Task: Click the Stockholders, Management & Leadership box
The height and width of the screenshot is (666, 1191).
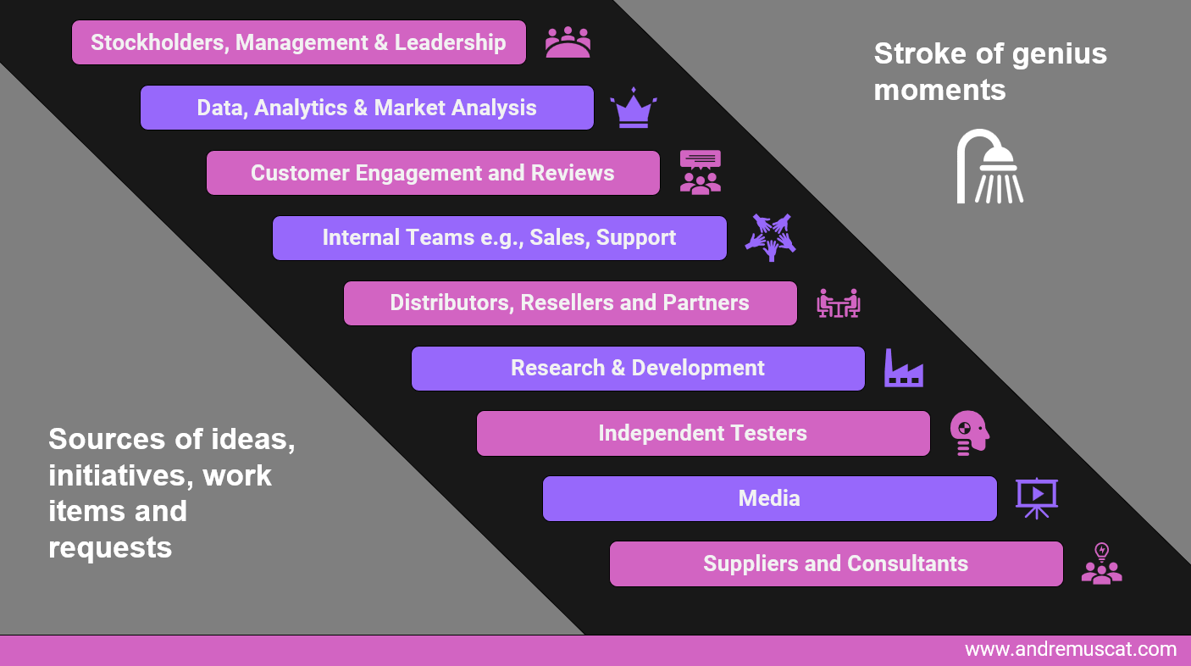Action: [x=299, y=42]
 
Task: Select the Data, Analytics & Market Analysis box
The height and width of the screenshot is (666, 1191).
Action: [x=367, y=108]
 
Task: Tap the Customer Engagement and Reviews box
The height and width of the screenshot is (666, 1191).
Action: [x=433, y=173]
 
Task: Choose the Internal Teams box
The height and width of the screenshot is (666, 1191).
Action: [x=499, y=238]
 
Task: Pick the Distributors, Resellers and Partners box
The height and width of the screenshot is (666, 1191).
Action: [x=570, y=303]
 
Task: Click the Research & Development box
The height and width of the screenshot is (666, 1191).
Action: [x=638, y=369]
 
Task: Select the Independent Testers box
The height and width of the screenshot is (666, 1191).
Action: [x=703, y=433]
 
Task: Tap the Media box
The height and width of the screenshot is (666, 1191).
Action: [x=769, y=498]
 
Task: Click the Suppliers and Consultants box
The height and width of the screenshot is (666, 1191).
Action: [x=836, y=563]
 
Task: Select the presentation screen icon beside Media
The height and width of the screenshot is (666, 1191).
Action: [x=1036, y=498]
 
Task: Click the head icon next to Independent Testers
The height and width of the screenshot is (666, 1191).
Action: [x=969, y=432]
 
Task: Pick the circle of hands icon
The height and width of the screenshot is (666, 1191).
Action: [x=770, y=237]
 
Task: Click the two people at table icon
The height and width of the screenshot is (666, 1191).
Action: [x=839, y=303]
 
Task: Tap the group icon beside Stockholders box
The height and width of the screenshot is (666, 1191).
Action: [x=568, y=42]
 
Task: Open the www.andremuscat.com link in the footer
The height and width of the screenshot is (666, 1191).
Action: [x=1071, y=650]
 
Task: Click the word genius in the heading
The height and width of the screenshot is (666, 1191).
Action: [x=1059, y=55]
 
